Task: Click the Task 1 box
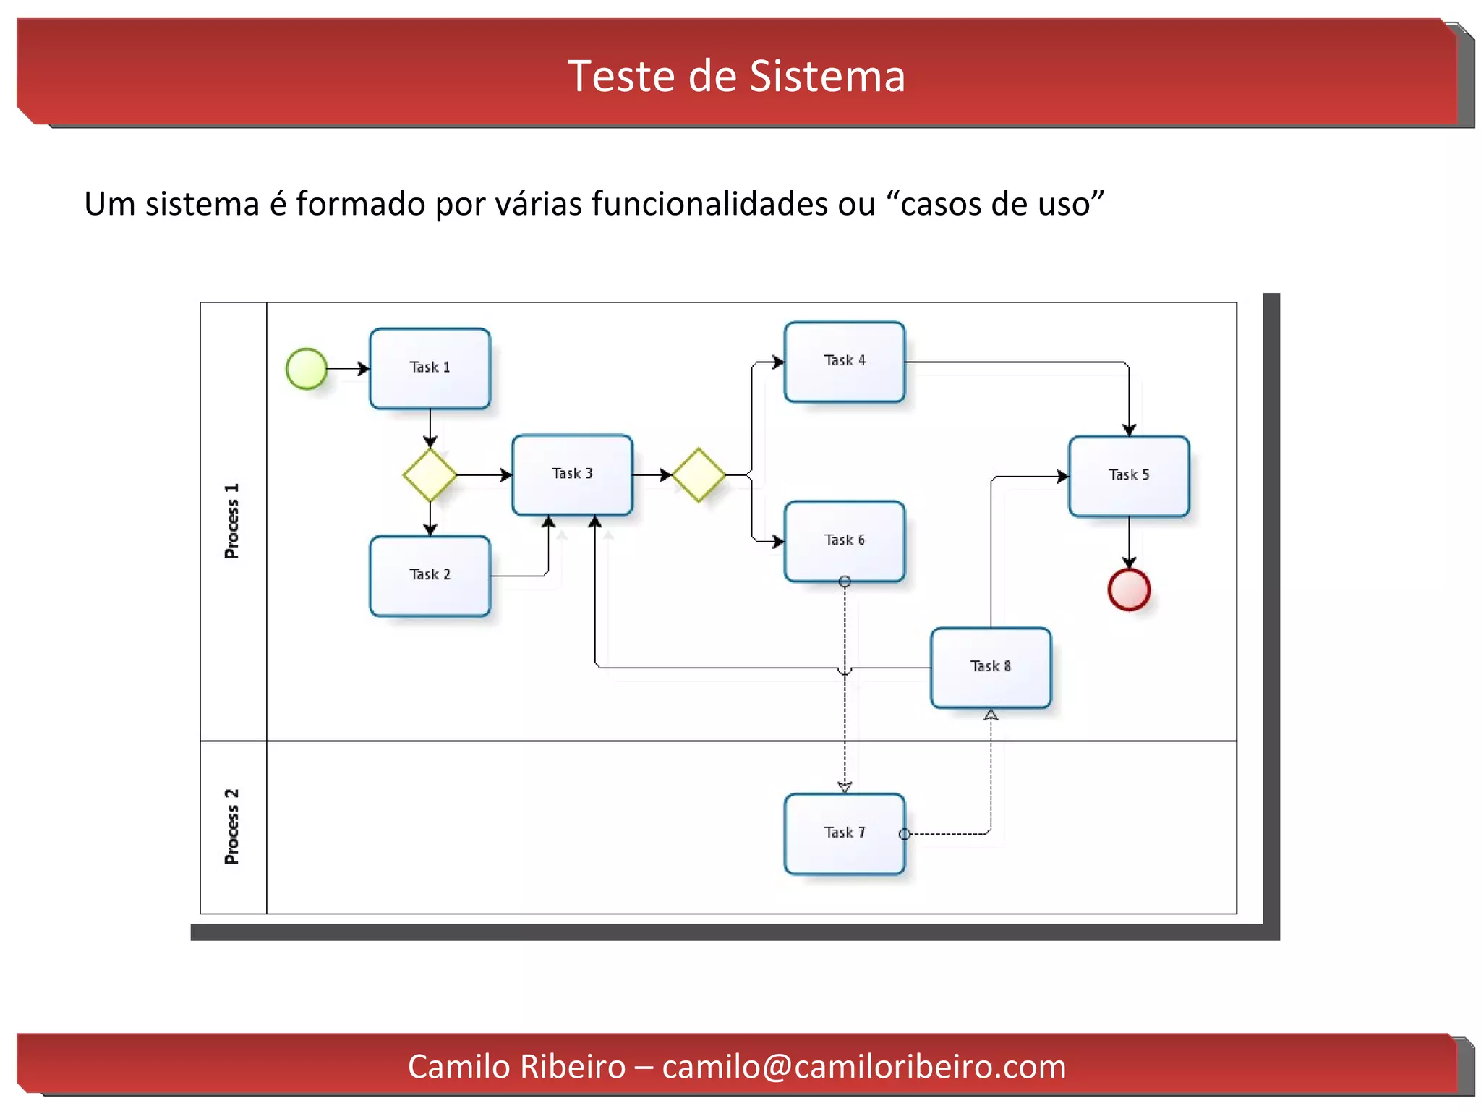(430, 368)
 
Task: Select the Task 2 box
(430, 575)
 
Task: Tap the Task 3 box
(572, 474)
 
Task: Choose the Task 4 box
(844, 361)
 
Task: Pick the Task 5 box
(1128, 475)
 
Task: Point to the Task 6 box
(844, 540)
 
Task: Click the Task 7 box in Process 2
(844, 833)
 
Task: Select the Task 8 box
(990, 667)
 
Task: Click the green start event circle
(307, 368)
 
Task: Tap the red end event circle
(1128, 589)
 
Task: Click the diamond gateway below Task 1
(430, 474)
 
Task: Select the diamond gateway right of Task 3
(698, 474)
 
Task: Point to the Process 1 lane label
(231, 521)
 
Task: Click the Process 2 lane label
(231, 826)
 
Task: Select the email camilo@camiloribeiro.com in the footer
(863, 1066)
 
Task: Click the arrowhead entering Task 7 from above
(844, 787)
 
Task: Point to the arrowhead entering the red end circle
(1128, 562)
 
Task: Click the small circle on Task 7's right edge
(904, 834)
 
